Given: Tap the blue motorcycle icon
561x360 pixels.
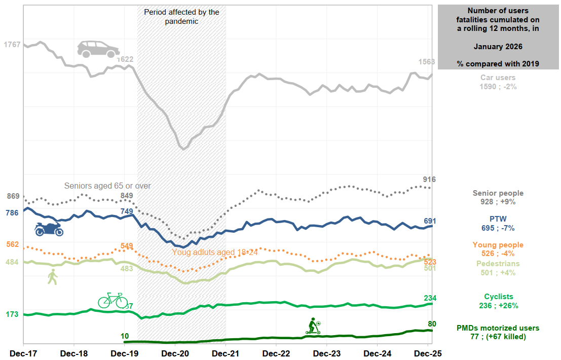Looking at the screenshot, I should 49,229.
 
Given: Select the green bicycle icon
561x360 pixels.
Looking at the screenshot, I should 113,300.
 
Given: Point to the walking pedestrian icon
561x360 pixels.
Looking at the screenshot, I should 52,277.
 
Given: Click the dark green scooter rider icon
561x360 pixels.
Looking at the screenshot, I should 313,326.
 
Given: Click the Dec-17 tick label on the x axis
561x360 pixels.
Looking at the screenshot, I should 23,352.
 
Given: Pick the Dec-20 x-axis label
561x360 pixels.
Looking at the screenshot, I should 175,352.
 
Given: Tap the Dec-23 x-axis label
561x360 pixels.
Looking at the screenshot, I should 327,352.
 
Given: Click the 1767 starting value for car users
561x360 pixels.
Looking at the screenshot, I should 12,45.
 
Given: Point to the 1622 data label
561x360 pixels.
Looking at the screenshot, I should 125,59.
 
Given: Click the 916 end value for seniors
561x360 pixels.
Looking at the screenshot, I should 429,179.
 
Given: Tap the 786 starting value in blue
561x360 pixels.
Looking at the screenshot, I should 12,212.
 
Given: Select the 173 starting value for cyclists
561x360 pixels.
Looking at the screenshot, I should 12,314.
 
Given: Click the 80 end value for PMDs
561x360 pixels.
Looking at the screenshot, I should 432,324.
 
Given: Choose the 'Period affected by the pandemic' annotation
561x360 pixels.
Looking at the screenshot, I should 181,17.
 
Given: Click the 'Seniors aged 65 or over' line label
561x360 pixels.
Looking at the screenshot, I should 107,186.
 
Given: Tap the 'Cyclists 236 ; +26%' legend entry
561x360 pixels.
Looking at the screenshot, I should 498,301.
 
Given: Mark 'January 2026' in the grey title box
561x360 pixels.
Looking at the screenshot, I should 498,46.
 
